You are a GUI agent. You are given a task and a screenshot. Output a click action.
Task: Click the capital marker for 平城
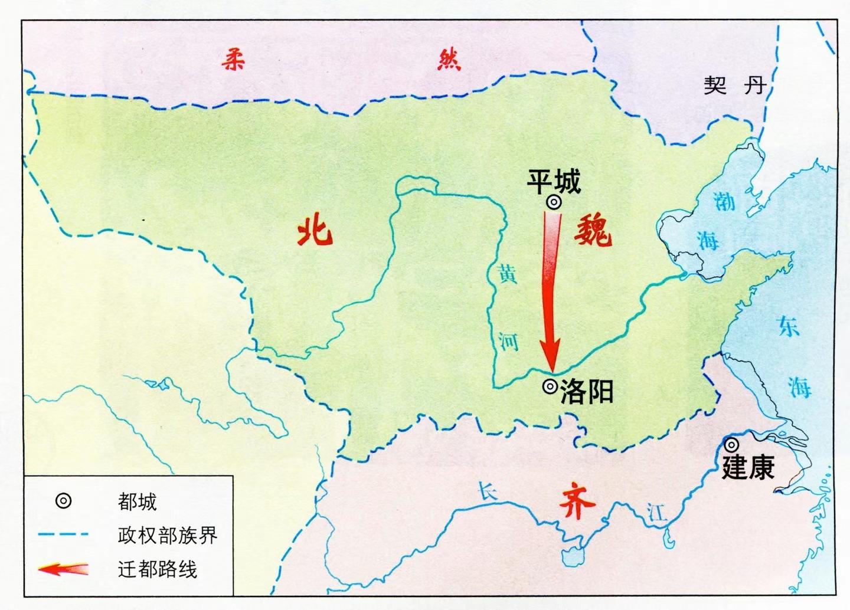554,202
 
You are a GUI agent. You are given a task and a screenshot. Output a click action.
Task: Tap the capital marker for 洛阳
550,387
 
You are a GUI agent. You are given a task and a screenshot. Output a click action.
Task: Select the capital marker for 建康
732,445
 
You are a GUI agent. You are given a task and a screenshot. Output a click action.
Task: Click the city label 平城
554,181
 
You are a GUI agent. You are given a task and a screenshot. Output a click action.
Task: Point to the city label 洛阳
587,391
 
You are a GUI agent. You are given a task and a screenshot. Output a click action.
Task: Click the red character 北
315,230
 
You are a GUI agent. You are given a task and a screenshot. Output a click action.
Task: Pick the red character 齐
576,501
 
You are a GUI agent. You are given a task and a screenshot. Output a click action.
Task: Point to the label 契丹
734,86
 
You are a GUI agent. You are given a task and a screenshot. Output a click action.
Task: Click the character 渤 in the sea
724,202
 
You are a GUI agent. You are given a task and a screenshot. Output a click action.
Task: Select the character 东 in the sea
789,326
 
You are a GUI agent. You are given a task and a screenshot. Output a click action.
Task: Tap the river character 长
487,492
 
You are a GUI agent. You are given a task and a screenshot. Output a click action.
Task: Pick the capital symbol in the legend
63,501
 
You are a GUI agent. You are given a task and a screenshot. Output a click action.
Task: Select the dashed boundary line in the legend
63,535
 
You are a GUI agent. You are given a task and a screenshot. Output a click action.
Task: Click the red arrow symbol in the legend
63,569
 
